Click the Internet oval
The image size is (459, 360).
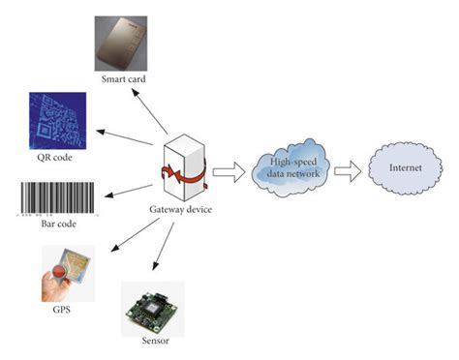point(407,172)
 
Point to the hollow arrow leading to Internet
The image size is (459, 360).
point(351,172)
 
